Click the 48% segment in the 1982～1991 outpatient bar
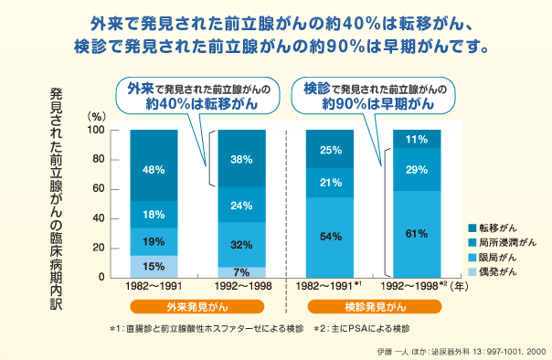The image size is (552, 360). point(153,169)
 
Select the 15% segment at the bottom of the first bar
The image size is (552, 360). point(153,266)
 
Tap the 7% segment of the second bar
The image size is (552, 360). point(240,272)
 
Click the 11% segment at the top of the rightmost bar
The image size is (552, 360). point(417,139)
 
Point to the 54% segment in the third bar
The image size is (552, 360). point(329,237)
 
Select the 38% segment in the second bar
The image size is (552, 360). point(240,159)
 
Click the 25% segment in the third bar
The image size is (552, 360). point(329,150)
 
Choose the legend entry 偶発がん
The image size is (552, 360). point(494,272)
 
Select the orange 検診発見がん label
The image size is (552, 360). point(374,307)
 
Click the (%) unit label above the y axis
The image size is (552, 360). point(97,117)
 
